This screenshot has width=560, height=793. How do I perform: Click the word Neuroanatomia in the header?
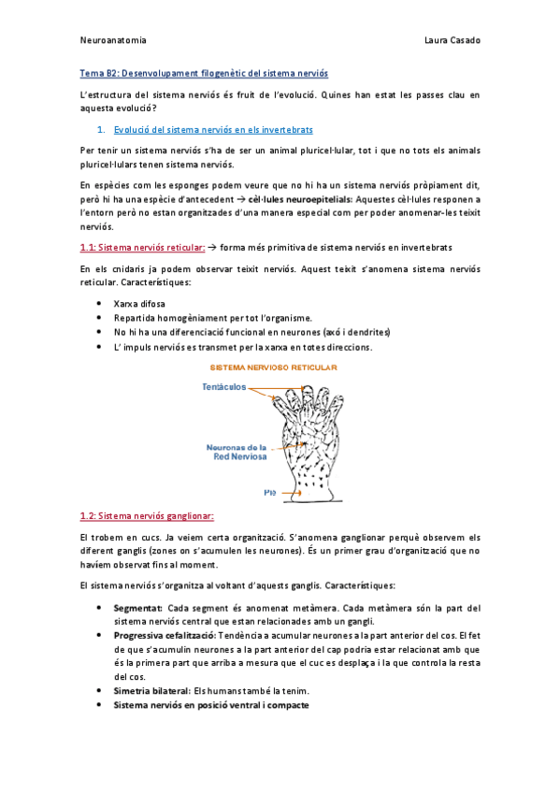coord(113,40)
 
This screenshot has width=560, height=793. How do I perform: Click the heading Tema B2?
coord(204,72)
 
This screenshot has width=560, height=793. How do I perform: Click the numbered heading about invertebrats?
coord(212,129)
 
